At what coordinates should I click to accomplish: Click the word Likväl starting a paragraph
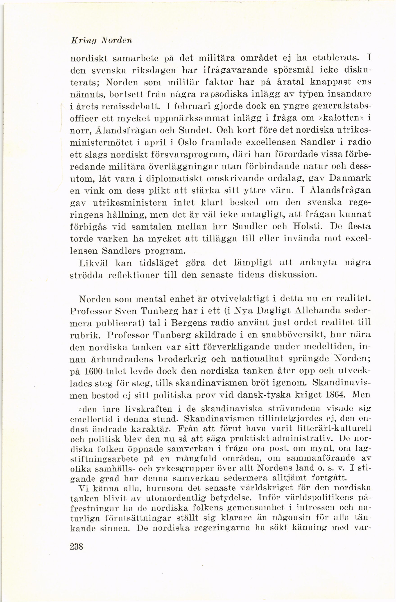click(93, 263)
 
